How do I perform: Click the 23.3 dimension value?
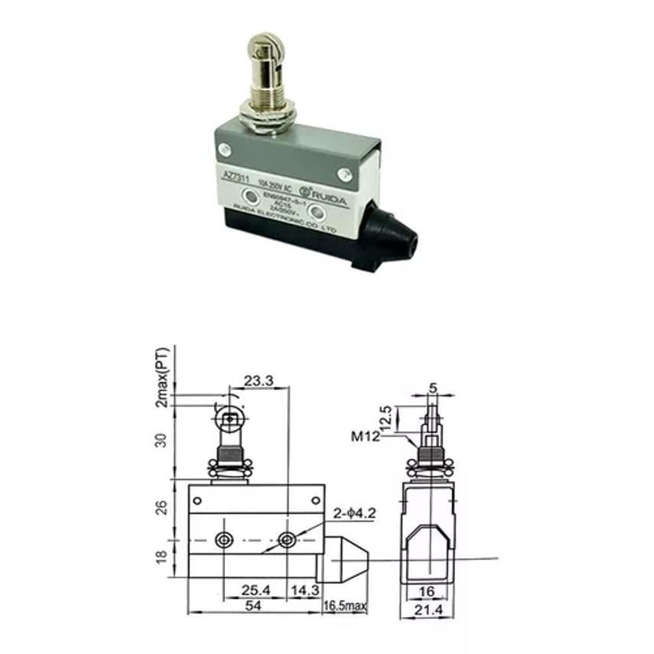pos(257,380)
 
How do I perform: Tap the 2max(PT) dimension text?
pos(161,378)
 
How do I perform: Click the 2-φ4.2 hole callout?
pos(353,513)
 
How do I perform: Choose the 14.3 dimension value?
pos(304,591)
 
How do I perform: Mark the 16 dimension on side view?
pos(431,591)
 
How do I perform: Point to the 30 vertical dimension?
pos(161,442)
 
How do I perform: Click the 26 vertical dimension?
pos(161,507)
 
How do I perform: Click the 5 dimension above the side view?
pos(434,388)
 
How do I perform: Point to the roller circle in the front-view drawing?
pos(229,418)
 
